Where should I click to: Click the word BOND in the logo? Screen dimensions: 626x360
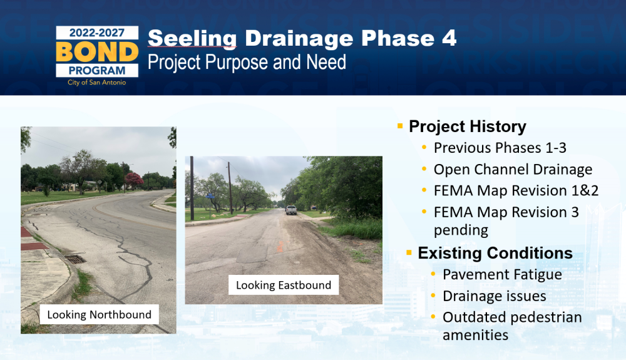97,52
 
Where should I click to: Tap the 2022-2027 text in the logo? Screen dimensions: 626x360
97,33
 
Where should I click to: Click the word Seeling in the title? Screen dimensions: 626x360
192,39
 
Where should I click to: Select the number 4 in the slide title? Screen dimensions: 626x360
449,38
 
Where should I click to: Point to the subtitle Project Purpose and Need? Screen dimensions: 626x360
247,62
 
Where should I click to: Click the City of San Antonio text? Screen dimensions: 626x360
96,82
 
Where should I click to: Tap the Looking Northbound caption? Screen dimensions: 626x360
99,314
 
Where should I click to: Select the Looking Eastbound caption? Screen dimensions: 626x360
284,285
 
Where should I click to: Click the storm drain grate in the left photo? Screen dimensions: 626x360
75,259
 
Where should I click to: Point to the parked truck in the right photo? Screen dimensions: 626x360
291,210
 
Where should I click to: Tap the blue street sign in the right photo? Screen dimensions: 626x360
210,197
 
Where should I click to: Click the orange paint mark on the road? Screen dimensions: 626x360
280,246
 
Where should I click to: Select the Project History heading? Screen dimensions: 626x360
468,126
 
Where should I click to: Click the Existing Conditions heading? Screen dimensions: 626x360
495,253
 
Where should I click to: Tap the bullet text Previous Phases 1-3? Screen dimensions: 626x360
500,148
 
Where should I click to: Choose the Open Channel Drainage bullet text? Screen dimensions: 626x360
513,169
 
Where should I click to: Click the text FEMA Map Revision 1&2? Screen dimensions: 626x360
516,190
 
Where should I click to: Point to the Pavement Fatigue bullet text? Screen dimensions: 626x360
502,275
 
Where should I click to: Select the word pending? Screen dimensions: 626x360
461,230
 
